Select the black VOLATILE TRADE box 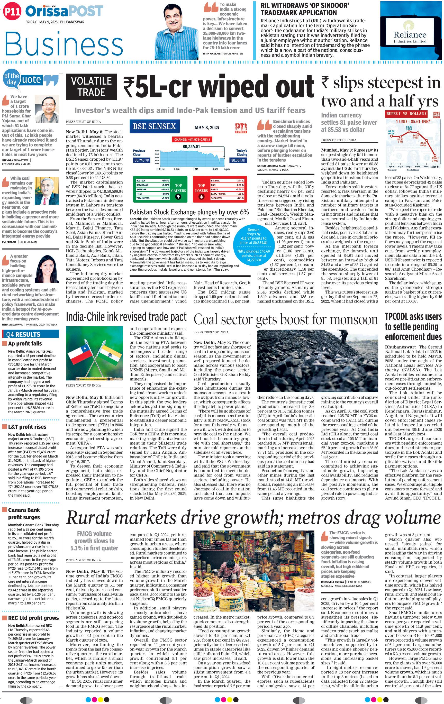pyautogui.click(x=91, y=87)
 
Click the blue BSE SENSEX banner pyautogui.click(x=155, y=126)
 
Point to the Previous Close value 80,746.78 pyautogui.click(x=141, y=160)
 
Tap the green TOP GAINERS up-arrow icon pyautogui.click(x=178, y=196)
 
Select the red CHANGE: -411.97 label pyautogui.click(x=192, y=140)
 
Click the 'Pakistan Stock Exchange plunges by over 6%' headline pyautogui.click(x=189, y=212)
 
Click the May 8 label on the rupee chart pyautogui.click(x=435, y=167)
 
